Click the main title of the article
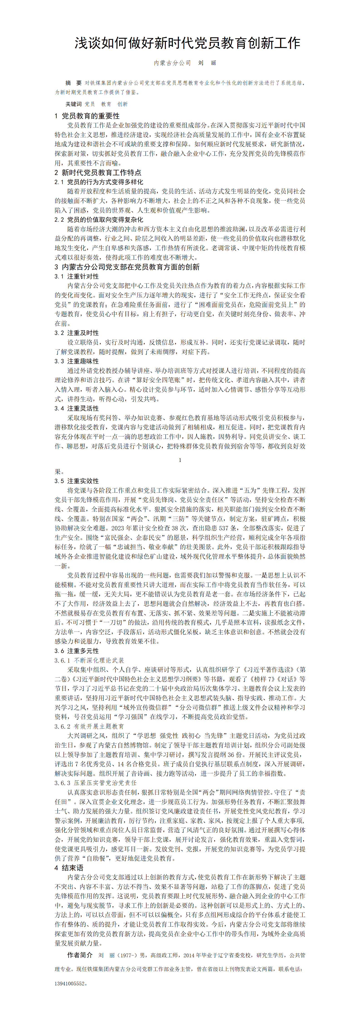point(187,43)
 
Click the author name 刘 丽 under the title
point(207,63)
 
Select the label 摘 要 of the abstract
point(73,83)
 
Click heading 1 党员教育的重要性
point(87,116)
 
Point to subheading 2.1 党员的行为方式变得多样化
point(99,182)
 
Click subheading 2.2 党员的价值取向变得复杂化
point(99,220)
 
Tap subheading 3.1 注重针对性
point(77,276)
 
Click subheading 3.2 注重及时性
point(77,333)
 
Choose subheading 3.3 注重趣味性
point(77,361)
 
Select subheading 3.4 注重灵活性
point(77,408)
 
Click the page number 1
point(180,460)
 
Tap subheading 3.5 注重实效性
point(77,481)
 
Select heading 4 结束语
point(69,867)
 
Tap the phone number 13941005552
point(70,983)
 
